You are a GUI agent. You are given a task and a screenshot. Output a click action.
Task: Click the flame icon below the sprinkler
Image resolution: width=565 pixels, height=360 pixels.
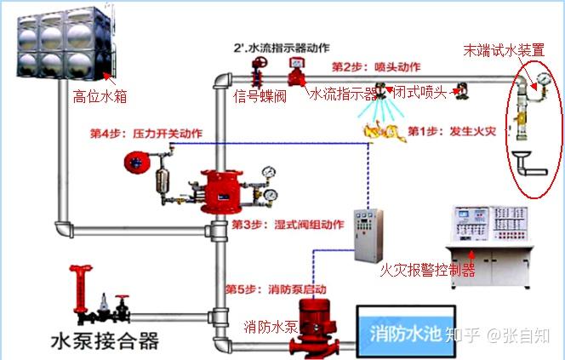click(x=378, y=130)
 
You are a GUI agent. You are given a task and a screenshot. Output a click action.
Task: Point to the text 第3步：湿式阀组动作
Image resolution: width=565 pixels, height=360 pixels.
click(x=287, y=225)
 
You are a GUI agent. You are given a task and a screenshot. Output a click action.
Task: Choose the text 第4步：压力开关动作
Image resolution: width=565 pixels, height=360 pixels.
click(x=146, y=134)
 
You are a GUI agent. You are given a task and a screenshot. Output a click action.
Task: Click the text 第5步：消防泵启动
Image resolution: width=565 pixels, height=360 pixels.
click(x=268, y=289)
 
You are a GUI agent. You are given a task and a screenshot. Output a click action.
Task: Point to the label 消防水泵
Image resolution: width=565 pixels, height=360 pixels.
click(x=271, y=327)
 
